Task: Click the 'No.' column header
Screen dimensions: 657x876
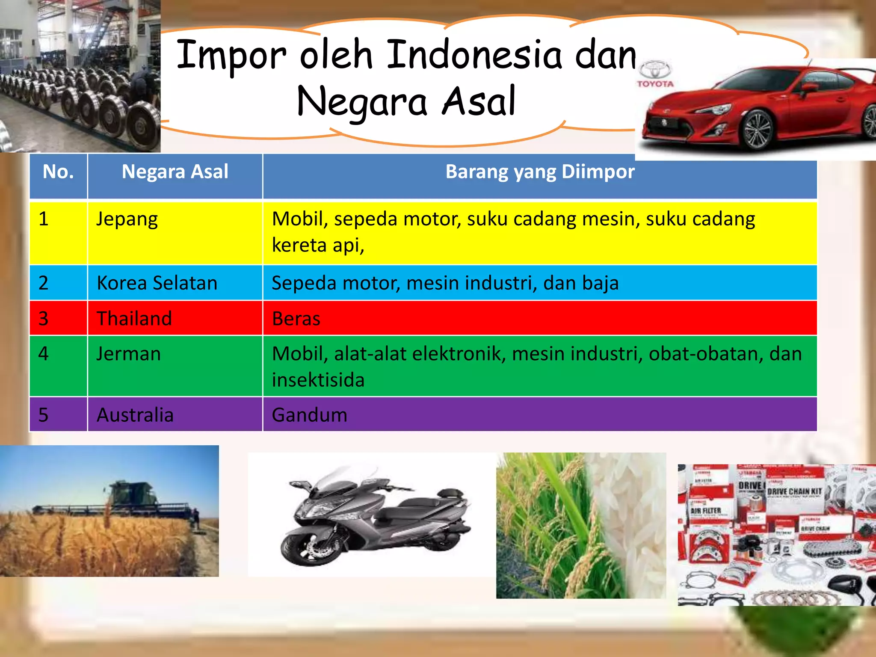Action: [x=58, y=172]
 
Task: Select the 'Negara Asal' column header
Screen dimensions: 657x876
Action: [x=175, y=172]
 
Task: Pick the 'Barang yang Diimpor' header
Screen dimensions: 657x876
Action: [x=540, y=172]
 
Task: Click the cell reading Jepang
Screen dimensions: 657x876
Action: [x=127, y=219]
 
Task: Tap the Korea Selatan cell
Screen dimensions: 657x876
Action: [x=157, y=283]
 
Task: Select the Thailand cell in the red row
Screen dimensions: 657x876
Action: [x=134, y=319]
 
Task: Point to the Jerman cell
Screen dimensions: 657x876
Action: [x=128, y=354]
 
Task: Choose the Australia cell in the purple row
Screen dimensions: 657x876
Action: [x=135, y=415]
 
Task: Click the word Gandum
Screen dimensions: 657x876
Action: [x=309, y=415]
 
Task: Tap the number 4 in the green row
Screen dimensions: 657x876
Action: [x=43, y=354]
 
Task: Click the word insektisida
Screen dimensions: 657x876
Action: [x=318, y=380]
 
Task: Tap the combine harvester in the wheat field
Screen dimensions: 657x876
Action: [x=128, y=498]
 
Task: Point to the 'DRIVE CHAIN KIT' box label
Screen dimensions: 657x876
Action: [x=794, y=491]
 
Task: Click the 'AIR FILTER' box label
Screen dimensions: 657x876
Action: [x=706, y=511]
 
